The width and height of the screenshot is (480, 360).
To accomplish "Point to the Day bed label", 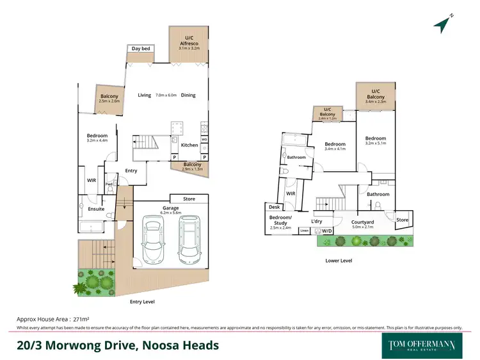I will point(140,49).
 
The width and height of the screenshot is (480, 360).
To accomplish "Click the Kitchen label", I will point(189,145).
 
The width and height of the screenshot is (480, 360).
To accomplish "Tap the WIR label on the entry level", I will point(92,180).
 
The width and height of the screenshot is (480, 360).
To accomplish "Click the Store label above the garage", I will point(189,199).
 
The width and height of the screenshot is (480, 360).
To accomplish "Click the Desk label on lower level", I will point(275,207).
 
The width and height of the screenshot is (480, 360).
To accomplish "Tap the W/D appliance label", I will point(326,231).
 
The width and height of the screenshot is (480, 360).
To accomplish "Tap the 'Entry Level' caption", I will point(142,302).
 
